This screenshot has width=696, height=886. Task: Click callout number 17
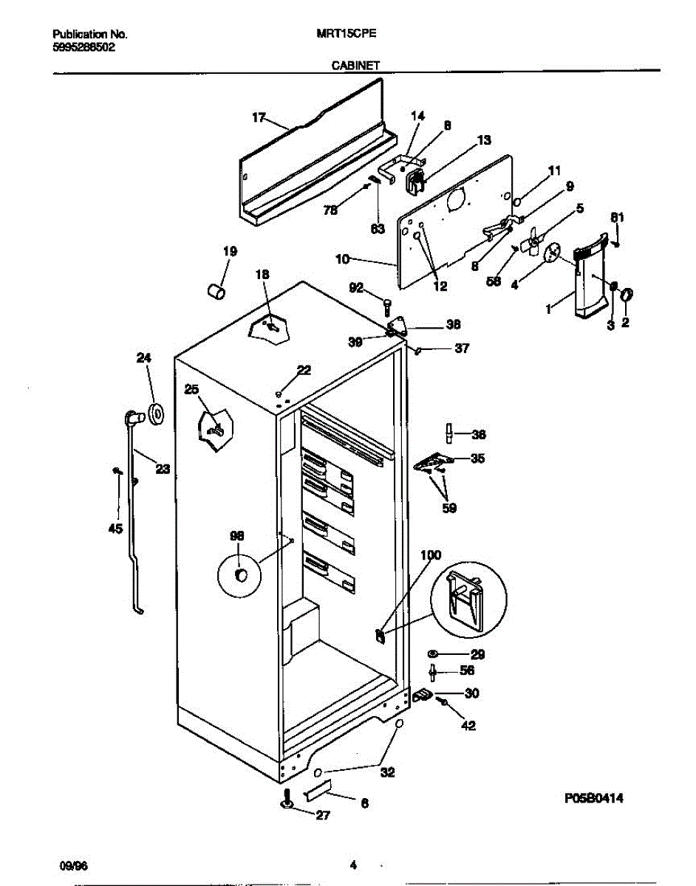258,117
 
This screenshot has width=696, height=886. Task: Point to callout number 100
431,554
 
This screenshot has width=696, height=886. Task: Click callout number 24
143,358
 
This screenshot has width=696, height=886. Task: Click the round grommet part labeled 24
155,415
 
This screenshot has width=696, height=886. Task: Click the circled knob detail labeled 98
239,574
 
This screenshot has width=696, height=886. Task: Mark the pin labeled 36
448,433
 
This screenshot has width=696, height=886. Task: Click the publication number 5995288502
84,46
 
